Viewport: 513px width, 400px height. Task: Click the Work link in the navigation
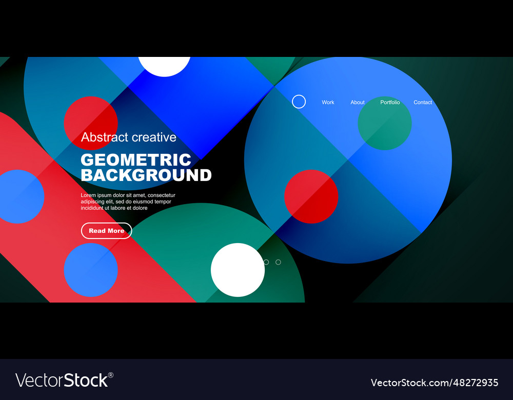coord(328,103)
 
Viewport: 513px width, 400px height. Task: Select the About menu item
coord(358,103)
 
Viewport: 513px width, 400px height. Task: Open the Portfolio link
coord(390,103)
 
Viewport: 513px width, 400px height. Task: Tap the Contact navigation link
coord(423,103)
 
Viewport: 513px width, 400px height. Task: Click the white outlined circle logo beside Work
coord(299,102)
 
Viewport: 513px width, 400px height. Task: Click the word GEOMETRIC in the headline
coord(136,159)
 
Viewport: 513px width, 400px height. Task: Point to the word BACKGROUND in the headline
coord(146,175)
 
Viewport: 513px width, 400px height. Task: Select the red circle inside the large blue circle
coord(311,196)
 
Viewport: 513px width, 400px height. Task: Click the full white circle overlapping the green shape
coord(238,270)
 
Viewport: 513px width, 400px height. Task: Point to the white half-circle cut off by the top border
coord(164,66)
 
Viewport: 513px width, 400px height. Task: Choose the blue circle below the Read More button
coord(91,270)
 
